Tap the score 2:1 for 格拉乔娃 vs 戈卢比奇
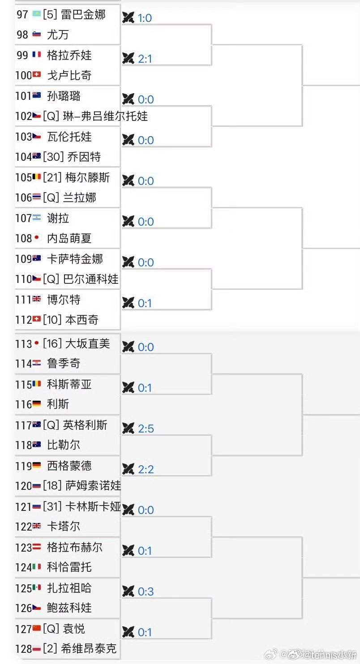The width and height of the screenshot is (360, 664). (145, 59)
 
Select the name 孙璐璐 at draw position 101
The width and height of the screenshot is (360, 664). (64, 96)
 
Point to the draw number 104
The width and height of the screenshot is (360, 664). (24, 157)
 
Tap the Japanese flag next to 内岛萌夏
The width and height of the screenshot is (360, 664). (37, 238)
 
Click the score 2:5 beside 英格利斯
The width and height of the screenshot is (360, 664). (146, 429)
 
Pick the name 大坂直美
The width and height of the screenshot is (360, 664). (87, 344)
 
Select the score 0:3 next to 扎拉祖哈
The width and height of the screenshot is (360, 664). (146, 592)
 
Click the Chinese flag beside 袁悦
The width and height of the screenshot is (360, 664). (37, 629)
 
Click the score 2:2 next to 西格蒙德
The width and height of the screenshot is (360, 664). (146, 469)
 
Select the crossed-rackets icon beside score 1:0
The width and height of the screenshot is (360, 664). (129, 18)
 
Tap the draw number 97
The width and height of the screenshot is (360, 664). (22, 14)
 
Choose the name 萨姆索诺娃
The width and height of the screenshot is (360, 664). (93, 485)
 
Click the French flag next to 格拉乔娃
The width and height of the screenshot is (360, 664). (37, 55)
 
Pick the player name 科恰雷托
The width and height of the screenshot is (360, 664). (69, 567)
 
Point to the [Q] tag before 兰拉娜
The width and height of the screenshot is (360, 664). (51, 197)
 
